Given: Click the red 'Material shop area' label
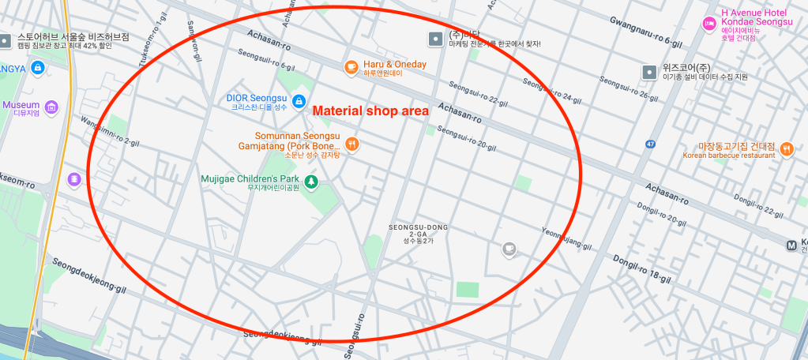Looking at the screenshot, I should pos(370,111).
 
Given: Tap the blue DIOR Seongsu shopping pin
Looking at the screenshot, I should pos(299,100).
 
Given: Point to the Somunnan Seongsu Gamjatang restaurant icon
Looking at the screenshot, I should pos(352,144).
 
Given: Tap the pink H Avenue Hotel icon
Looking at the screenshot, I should pos(708,24).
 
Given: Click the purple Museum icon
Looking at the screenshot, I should pos(52,107).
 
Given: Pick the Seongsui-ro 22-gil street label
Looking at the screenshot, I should pos(479,92).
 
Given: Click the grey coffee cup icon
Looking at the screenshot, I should pos(509,249).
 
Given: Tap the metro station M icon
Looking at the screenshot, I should pos(792,246).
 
